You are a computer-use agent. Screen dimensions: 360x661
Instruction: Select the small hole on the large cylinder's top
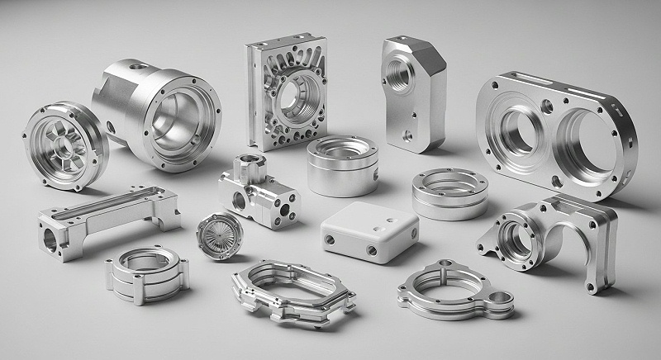tap(136, 68)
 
